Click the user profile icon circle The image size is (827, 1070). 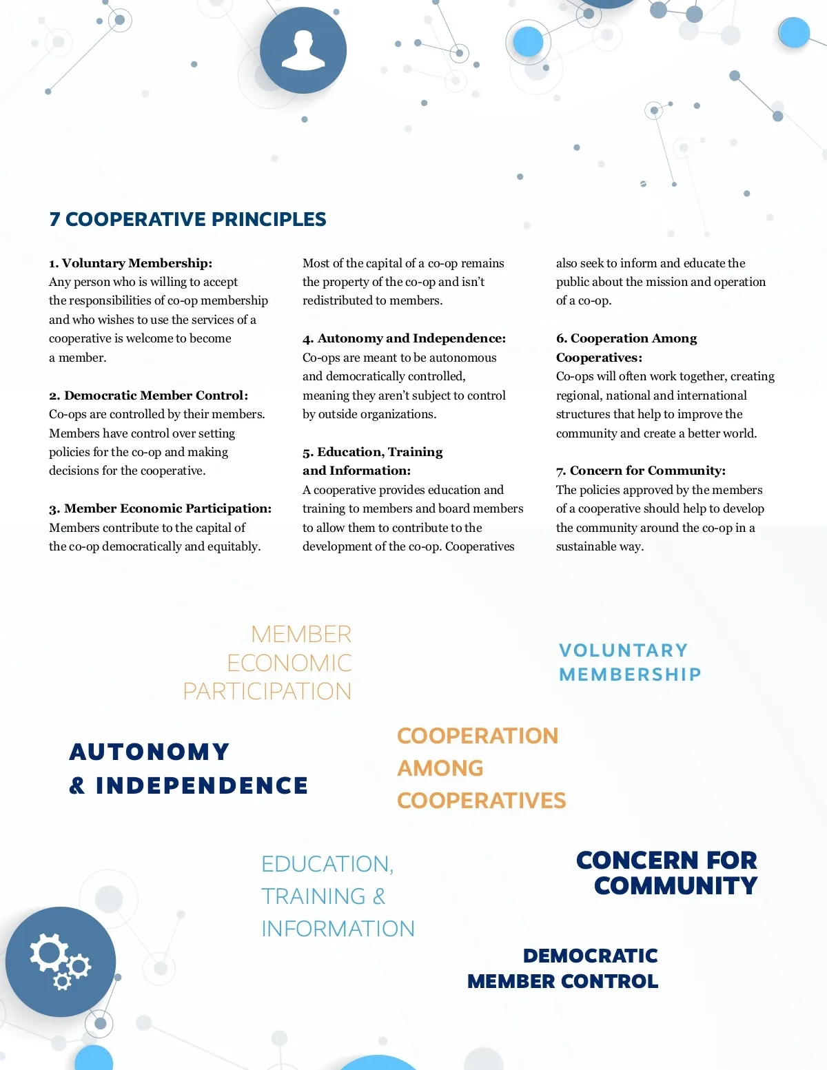point(303,50)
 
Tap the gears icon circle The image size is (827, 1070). point(61,962)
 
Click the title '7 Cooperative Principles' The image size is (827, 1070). point(187,219)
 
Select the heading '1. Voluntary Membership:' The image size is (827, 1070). point(130,263)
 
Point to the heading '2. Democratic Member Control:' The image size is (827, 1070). point(148,395)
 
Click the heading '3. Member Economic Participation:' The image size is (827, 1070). point(160,508)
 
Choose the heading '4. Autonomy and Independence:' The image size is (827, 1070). point(404,338)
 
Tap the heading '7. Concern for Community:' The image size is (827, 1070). point(640,471)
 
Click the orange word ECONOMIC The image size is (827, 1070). point(289,663)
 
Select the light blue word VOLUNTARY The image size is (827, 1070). point(623,650)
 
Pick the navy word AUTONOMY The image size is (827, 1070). point(150,752)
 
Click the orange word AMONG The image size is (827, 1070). point(440,768)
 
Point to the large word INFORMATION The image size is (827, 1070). point(338,929)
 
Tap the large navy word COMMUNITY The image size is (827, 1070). point(675,886)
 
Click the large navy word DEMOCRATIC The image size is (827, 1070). point(590,956)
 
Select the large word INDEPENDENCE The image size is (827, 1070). point(201,785)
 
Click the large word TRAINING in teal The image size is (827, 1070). point(314,896)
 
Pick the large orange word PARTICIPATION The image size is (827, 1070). point(267,691)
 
